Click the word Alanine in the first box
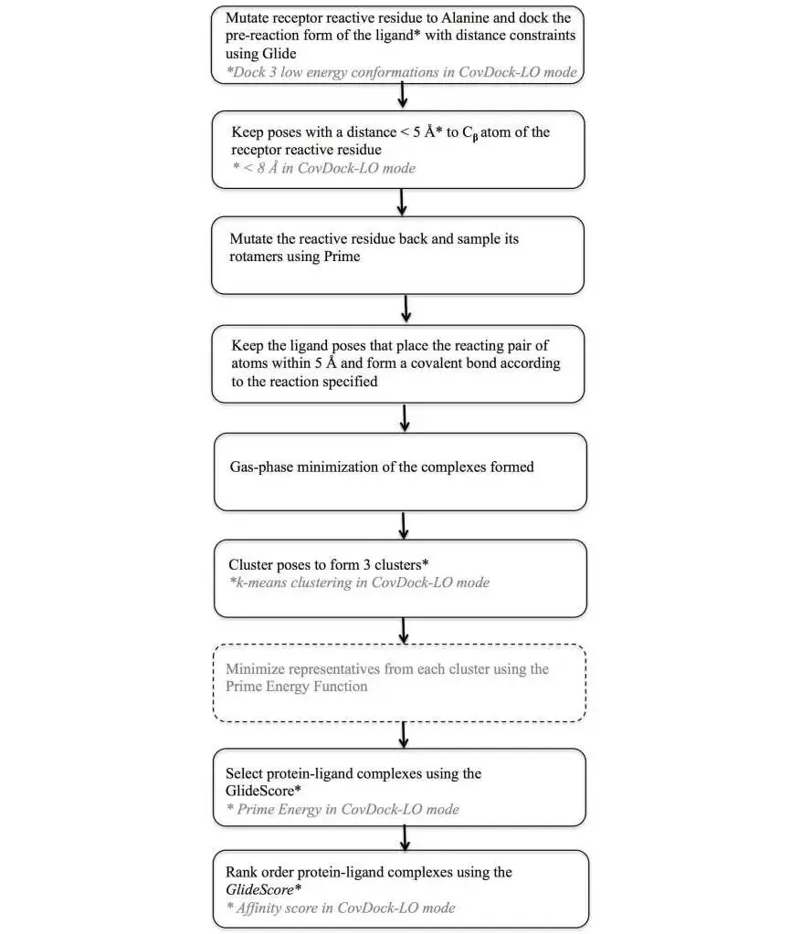pos(464,18)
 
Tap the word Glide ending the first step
pos(279,54)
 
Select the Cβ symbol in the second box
pos(470,133)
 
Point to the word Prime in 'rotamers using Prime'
pos(342,257)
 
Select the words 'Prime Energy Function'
pos(296,687)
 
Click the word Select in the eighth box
pos(244,773)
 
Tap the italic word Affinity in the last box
pos(258,908)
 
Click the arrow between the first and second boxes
pos(403,95)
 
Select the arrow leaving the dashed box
pos(404,734)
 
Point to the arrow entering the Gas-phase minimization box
pos(405,417)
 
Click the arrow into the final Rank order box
pos(406,838)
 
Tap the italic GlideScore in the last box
pos(260,890)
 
